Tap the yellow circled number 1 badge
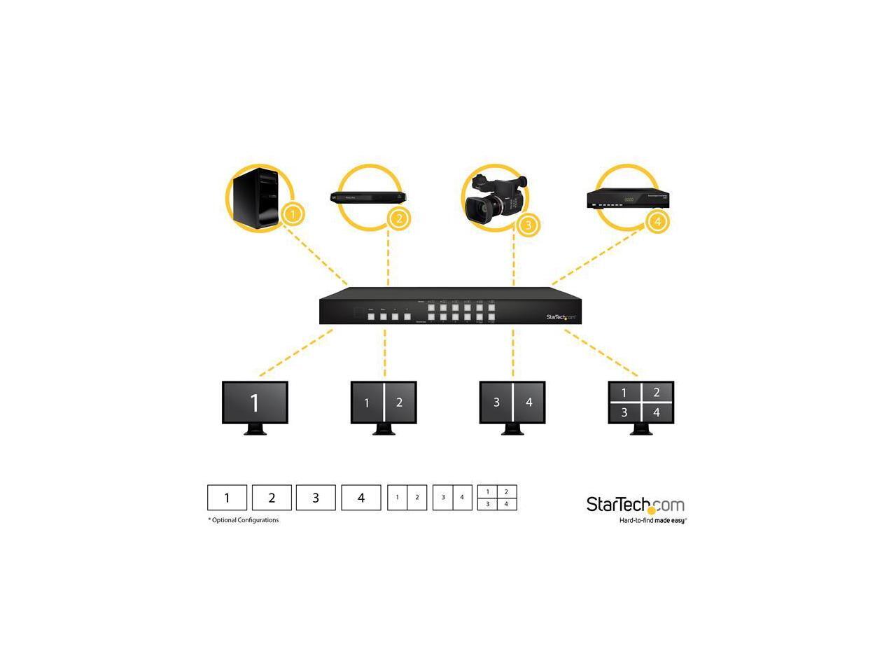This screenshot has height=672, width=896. click(293, 213)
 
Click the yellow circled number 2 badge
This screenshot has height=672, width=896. click(398, 218)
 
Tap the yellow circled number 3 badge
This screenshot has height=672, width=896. click(528, 224)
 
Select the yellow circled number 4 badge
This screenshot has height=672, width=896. click(657, 222)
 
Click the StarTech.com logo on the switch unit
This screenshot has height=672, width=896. click(561, 317)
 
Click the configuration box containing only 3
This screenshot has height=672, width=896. click(316, 498)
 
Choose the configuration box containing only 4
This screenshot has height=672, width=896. click(361, 498)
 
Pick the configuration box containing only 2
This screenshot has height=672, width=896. click(272, 498)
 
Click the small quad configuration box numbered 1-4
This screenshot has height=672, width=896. click(497, 498)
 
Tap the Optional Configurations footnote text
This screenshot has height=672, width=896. click(244, 520)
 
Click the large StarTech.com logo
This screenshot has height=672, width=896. click(635, 504)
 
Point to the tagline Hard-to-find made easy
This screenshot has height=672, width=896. click(652, 521)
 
